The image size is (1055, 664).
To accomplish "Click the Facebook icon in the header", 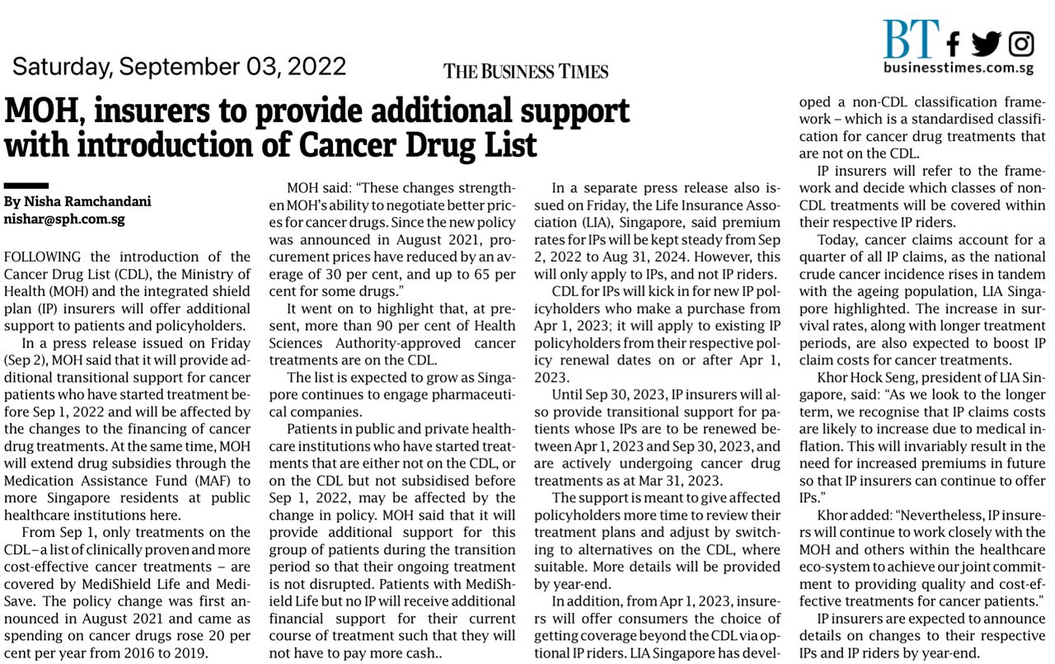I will [954, 43].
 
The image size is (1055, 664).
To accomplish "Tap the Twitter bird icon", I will [986, 43].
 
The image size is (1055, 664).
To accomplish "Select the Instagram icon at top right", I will [1021, 43].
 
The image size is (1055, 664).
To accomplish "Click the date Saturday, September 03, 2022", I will [179, 66].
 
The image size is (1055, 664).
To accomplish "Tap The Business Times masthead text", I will [526, 71].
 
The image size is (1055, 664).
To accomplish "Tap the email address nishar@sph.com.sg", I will [64, 219].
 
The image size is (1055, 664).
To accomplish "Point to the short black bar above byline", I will [26, 186].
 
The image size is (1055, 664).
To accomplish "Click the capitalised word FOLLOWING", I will [43, 257].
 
